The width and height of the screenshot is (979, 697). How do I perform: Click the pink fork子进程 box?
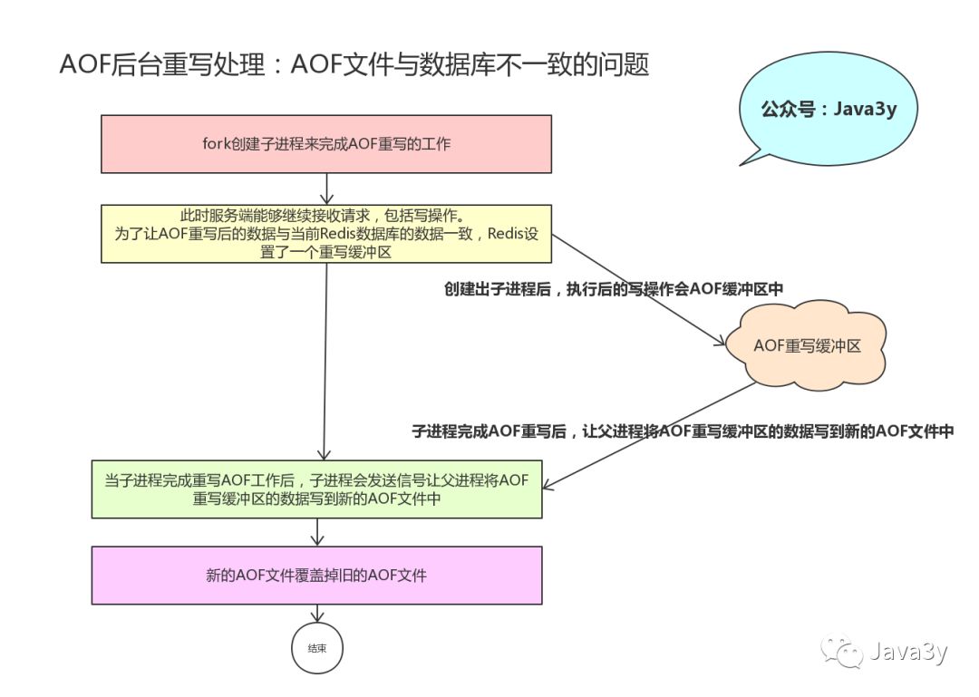(x=325, y=143)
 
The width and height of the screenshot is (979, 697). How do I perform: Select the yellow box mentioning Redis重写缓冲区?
(x=325, y=233)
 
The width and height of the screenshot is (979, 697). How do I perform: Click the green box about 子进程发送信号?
(x=316, y=489)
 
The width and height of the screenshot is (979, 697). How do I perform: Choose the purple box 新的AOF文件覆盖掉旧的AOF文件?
(x=316, y=575)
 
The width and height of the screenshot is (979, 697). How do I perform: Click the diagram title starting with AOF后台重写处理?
(x=354, y=65)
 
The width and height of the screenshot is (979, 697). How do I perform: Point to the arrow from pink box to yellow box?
(x=326, y=188)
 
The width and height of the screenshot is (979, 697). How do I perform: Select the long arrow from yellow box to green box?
(x=325, y=363)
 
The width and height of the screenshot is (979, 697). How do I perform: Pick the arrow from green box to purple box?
(x=316, y=531)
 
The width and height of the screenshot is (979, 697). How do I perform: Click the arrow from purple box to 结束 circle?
(x=316, y=613)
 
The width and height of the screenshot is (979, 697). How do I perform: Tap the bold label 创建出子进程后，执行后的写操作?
(x=613, y=288)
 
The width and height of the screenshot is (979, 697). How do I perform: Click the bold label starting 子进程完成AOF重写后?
(x=683, y=432)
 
